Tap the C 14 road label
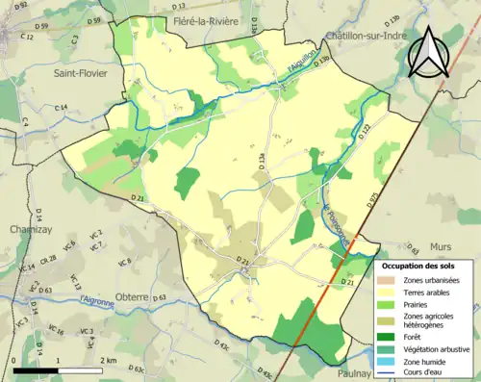pos(62,108)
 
